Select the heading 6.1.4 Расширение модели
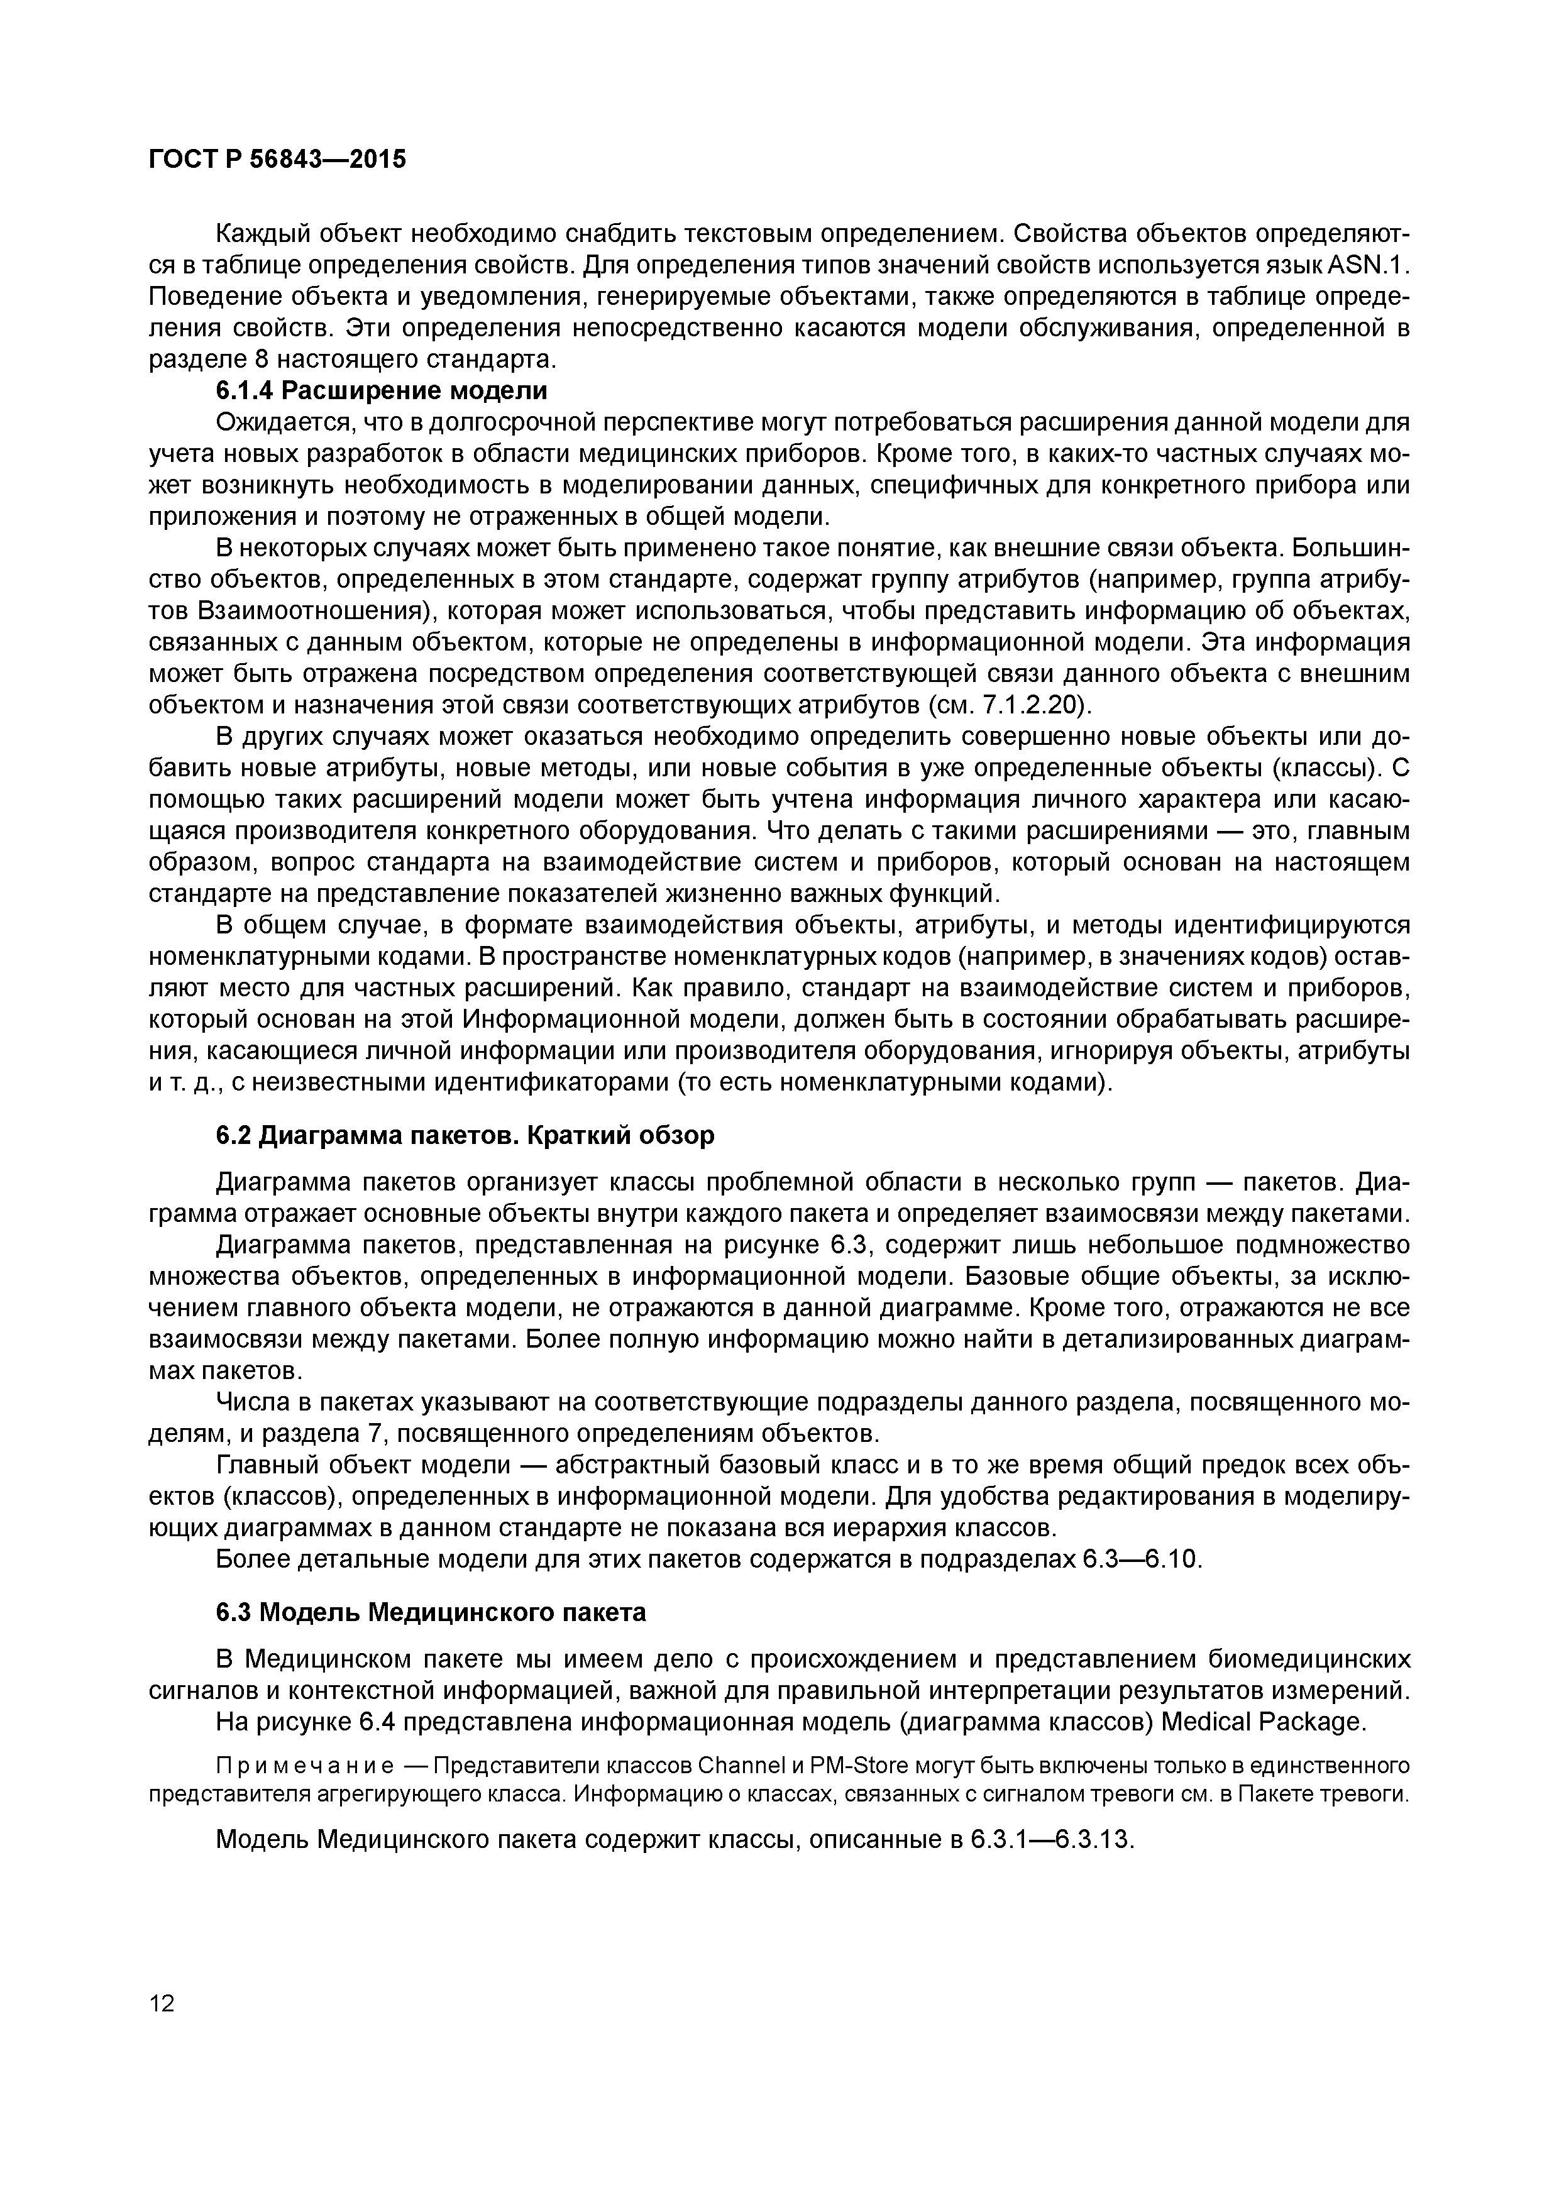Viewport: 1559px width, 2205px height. click(x=382, y=391)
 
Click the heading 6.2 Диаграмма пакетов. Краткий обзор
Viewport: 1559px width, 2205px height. click(x=465, y=1135)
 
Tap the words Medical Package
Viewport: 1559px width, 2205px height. click(x=1262, y=1722)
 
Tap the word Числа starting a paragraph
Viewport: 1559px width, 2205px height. click(x=253, y=1403)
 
